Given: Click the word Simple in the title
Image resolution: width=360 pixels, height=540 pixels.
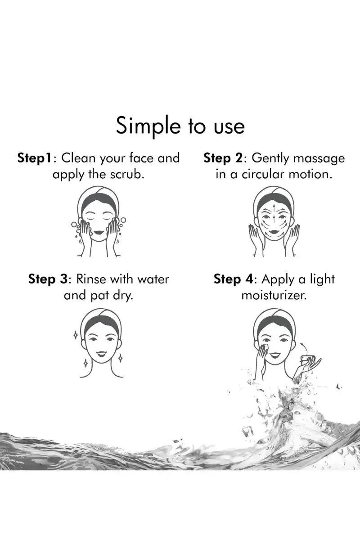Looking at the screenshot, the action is [x=148, y=126].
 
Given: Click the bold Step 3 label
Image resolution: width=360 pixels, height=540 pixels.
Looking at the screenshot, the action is [x=48, y=279].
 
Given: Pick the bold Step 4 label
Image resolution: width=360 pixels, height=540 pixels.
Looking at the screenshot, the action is [x=234, y=279].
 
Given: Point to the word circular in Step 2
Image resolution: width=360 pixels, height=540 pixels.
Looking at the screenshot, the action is [x=263, y=174].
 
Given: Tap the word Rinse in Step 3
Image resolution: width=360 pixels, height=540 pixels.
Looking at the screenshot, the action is [x=91, y=279].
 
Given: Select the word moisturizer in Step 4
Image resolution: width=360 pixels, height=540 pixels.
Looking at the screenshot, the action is [x=274, y=295].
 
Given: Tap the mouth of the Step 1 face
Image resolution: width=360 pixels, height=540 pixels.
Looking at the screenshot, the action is [x=99, y=233].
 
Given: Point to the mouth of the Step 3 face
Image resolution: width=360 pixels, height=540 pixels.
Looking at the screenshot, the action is [x=101, y=354].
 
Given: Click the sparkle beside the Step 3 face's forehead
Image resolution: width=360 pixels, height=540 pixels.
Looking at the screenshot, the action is [x=76, y=335].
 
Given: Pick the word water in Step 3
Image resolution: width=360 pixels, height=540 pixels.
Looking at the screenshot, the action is [x=153, y=279].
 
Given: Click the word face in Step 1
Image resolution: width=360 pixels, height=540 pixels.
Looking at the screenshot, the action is [x=141, y=158].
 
